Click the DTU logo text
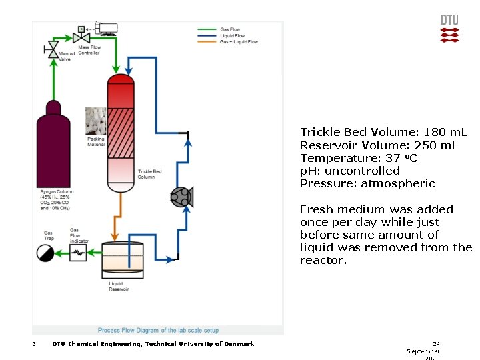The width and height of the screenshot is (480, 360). click(x=449, y=20)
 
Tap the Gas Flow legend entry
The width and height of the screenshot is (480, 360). click(x=230, y=29)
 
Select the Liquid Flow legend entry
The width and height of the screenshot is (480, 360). click(x=231, y=35)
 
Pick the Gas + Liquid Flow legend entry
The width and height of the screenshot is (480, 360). click(x=239, y=41)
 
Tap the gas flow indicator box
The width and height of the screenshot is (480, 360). click(x=79, y=253)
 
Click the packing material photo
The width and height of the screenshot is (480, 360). click(x=96, y=121)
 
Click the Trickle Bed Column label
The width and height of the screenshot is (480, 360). click(x=149, y=175)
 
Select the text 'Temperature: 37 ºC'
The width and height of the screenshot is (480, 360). click(x=359, y=158)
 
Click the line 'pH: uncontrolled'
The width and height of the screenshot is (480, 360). click(x=350, y=171)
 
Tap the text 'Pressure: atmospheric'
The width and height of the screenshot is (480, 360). click(x=367, y=183)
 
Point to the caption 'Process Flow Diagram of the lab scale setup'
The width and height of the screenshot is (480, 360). click(x=158, y=330)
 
